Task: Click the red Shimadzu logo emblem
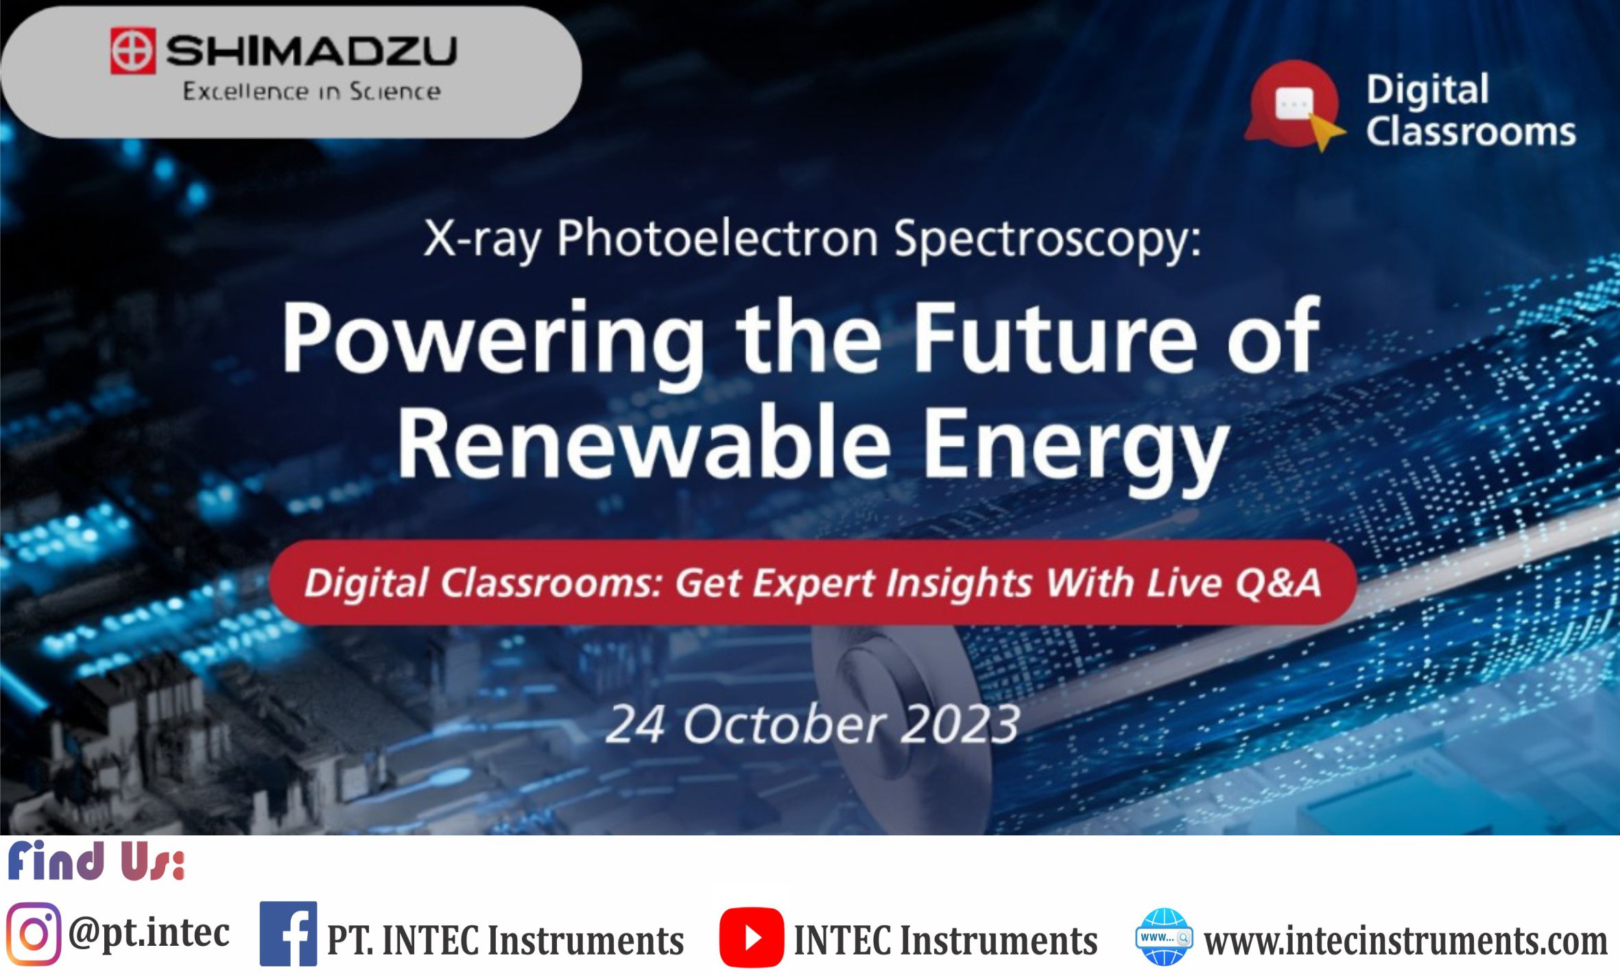click(x=133, y=51)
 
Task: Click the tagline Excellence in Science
click(x=311, y=91)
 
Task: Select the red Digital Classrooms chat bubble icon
click(x=1294, y=105)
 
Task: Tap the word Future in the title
click(x=1055, y=337)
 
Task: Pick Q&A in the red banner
click(x=1278, y=583)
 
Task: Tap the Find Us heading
click(x=96, y=861)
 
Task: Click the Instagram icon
click(x=34, y=934)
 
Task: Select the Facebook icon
click(x=288, y=933)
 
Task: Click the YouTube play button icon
click(x=751, y=937)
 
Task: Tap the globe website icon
click(x=1164, y=936)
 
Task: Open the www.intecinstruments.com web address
click(x=1405, y=940)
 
